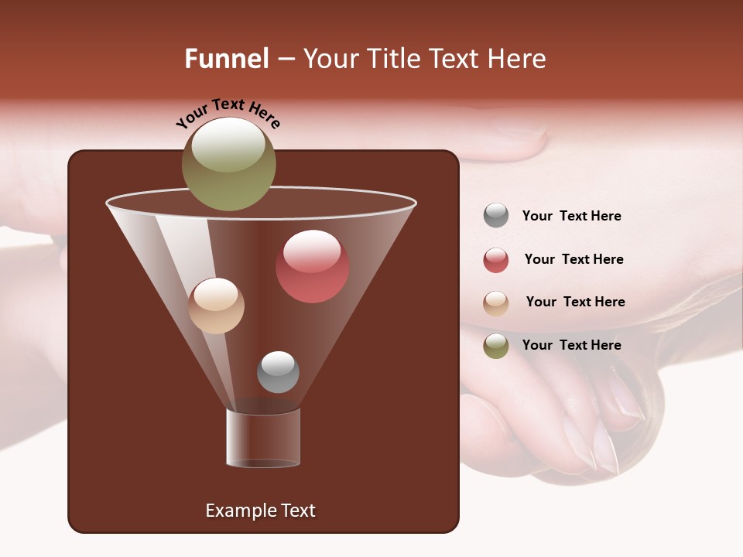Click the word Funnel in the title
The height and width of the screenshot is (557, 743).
click(226, 59)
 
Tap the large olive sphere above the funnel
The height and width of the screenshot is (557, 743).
click(228, 163)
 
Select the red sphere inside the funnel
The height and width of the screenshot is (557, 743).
click(312, 266)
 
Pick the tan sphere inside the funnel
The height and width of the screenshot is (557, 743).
click(216, 306)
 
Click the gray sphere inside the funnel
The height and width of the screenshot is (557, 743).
click(278, 371)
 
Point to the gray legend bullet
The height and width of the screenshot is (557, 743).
click(496, 216)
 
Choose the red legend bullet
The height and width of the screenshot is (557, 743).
click(496, 260)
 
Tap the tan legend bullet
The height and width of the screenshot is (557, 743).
click(496, 303)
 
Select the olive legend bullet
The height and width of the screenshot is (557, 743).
click(496, 346)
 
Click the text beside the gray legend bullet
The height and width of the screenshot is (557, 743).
click(571, 216)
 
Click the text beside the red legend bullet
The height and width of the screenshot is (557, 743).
click(574, 259)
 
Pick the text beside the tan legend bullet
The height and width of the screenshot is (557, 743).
click(575, 302)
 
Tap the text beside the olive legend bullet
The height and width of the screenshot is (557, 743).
click(571, 345)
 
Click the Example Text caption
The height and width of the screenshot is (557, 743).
click(260, 511)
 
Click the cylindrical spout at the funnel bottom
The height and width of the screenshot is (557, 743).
click(263, 438)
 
